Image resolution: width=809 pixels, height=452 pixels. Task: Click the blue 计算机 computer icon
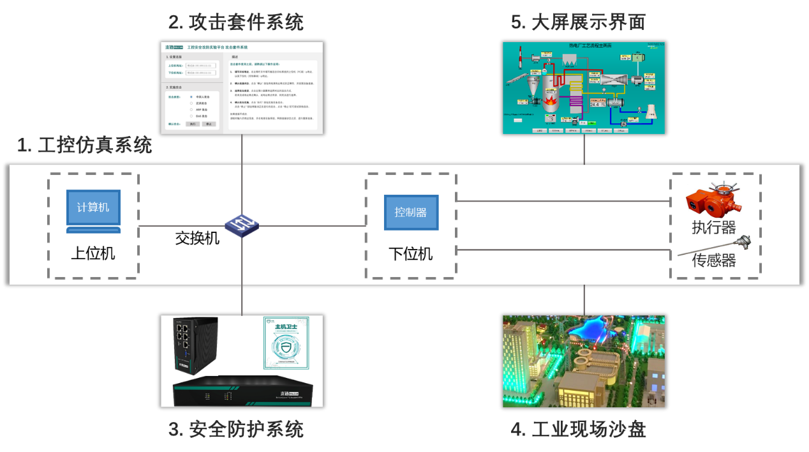(x=93, y=210)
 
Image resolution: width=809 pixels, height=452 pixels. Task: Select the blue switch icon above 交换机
(x=241, y=224)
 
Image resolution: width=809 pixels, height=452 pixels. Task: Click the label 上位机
(x=93, y=253)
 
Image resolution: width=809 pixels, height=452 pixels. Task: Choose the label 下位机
(x=411, y=253)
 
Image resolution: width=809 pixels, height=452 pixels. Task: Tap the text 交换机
(x=197, y=238)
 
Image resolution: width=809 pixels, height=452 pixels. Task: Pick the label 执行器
(x=714, y=227)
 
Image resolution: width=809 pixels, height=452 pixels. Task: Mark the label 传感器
(x=714, y=260)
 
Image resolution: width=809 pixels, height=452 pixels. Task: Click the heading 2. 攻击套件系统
(x=235, y=23)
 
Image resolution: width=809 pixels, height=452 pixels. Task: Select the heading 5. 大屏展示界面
(x=578, y=23)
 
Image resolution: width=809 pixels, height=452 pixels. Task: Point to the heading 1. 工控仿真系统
(x=85, y=146)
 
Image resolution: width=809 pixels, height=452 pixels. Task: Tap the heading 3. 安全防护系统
(x=235, y=430)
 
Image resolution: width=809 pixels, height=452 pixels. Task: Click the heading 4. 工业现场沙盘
(x=578, y=430)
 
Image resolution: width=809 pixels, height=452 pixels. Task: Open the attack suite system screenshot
(x=242, y=88)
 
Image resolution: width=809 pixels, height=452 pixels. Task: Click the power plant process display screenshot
(x=584, y=88)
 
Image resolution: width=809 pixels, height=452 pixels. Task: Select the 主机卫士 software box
(x=286, y=343)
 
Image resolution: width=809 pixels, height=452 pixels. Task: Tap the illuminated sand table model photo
(x=584, y=361)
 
